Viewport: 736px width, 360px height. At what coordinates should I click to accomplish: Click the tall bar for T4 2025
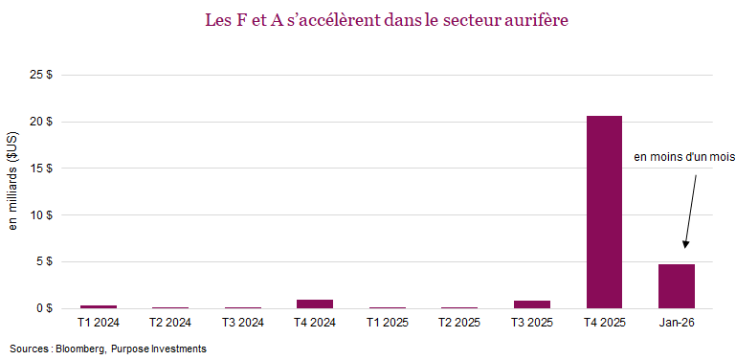tap(604, 212)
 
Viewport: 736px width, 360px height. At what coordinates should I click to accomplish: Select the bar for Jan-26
tap(677, 286)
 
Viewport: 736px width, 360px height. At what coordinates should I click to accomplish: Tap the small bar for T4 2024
tap(315, 304)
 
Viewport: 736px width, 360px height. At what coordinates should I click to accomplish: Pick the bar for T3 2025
tap(532, 304)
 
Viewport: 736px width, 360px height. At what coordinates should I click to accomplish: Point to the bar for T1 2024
tap(98, 306)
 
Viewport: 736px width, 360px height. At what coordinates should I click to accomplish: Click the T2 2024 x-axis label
tap(170, 323)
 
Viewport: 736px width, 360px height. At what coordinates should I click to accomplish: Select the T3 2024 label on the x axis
tap(242, 323)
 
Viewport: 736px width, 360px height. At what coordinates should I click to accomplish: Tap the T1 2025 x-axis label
tap(388, 323)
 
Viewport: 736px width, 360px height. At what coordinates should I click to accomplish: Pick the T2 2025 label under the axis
tap(459, 323)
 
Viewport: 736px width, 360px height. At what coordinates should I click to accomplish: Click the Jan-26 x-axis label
tap(677, 323)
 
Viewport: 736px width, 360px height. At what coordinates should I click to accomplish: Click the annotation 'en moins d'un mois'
tap(677, 157)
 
